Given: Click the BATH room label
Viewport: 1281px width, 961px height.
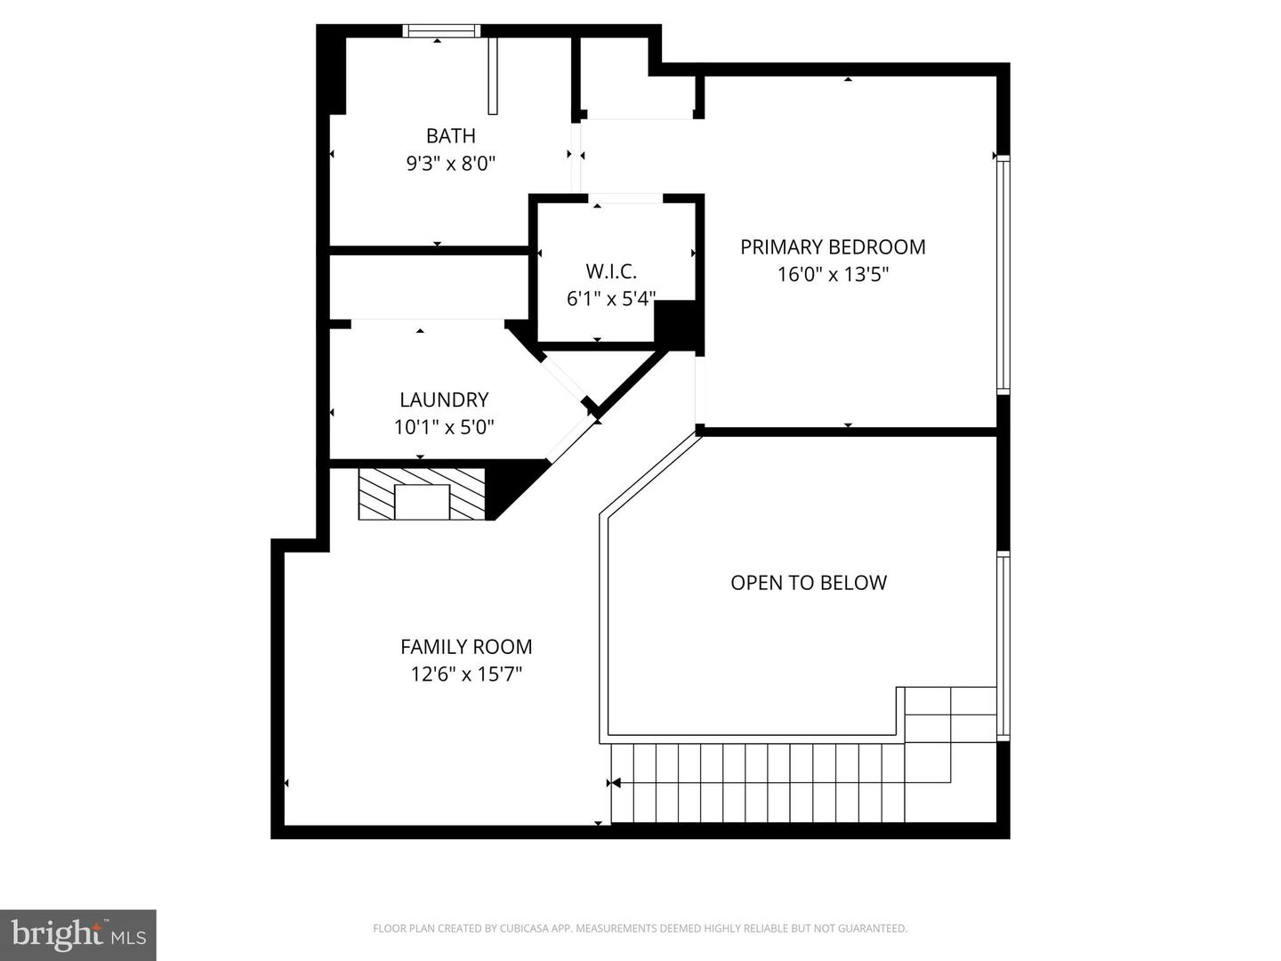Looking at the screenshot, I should [450, 136].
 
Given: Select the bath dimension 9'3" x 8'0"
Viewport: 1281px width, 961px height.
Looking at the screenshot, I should [450, 164].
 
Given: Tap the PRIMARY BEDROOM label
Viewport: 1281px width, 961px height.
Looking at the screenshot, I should [833, 247].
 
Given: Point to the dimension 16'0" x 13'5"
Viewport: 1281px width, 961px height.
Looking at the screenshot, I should [833, 275].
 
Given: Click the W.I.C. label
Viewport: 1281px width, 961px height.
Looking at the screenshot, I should [610, 271].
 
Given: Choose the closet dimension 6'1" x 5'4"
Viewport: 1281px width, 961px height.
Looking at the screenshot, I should [610, 299].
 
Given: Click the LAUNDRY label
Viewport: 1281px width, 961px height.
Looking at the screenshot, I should [444, 400].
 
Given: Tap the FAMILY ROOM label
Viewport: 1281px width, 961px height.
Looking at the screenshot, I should [466, 647].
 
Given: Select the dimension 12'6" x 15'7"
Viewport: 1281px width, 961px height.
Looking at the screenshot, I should [466, 674].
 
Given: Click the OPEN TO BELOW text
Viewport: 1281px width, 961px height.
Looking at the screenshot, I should [809, 583].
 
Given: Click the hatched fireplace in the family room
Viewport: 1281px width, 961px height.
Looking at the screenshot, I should [422, 494].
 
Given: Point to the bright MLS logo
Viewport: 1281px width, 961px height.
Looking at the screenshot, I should [78, 934].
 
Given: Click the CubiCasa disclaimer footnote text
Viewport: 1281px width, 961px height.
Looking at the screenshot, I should [640, 929].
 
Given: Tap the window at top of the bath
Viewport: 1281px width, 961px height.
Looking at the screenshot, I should [441, 31].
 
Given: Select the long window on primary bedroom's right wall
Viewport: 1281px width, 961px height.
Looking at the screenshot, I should [1003, 274].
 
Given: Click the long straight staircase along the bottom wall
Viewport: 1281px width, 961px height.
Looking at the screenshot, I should [756, 783].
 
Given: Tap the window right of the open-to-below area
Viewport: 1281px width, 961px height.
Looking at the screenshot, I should [1003, 645].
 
